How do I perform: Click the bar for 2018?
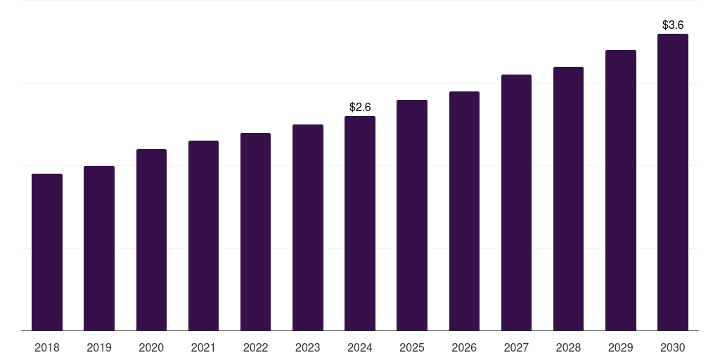pyautogui.click(x=47, y=252)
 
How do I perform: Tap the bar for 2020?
pyautogui.click(x=151, y=240)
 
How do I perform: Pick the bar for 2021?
pyautogui.click(x=203, y=236)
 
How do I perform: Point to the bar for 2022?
pyautogui.click(x=255, y=232)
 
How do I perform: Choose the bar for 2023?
pyautogui.click(x=308, y=228)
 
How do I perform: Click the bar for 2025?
pyautogui.click(x=412, y=215)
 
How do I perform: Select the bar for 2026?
pyautogui.click(x=464, y=211)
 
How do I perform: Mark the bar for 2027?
pyautogui.click(x=516, y=202)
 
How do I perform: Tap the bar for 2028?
pyautogui.click(x=568, y=199)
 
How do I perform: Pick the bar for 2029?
pyautogui.click(x=621, y=191)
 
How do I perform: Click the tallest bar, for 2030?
pyautogui.click(x=673, y=182)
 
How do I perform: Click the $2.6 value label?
pyautogui.click(x=360, y=107)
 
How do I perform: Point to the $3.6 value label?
pyautogui.click(x=673, y=25)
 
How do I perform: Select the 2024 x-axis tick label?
pyautogui.click(x=360, y=347)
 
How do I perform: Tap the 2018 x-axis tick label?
pyautogui.click(x=47, y=347)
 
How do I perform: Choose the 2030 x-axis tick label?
pyautogui.click(x=673, y=347)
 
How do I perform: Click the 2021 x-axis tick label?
pyautogui.click(x=203, y=347)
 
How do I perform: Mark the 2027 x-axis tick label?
pyautogui.click(x=516, y=347)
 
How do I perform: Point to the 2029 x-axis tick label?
pyautogui.click(x=621, y=347)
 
